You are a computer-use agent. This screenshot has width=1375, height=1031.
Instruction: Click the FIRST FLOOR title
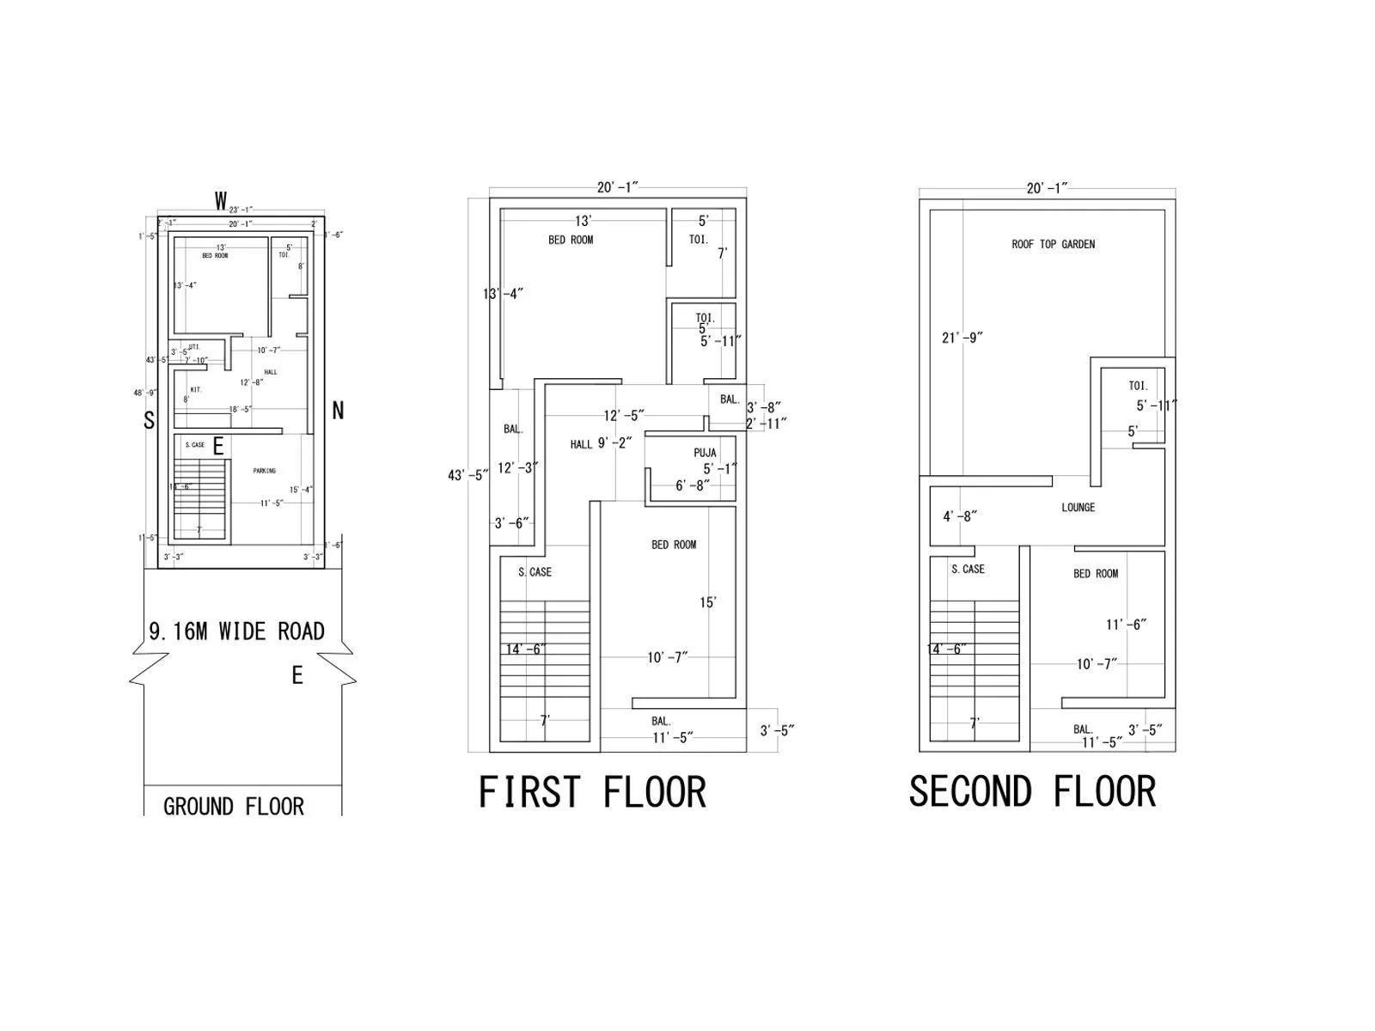(592, 791)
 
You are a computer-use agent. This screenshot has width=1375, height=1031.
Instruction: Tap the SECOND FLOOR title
(1032, 791)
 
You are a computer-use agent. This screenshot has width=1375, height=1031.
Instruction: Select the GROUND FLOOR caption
(234, 807)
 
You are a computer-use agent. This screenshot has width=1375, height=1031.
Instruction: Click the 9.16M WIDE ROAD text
(237, 631)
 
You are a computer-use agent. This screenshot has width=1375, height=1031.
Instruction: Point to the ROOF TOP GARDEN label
(1053, 244)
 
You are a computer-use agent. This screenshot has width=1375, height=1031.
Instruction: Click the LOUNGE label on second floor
(1078, 507)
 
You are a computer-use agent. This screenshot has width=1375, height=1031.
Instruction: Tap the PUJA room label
(705, 453)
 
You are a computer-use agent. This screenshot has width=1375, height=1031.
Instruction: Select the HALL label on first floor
(581, 444)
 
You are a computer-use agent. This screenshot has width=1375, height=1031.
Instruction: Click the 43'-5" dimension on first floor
(467, 475)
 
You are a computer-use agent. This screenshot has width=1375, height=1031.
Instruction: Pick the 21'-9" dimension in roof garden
(962, 338)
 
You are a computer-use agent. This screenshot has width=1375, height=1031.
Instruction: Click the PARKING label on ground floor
(265, 471)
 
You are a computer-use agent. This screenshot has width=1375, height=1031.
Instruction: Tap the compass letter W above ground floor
(221, 202)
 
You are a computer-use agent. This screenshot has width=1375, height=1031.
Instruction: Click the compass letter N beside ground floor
(338, 411)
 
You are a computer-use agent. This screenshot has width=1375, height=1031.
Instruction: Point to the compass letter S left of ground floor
(149, 420)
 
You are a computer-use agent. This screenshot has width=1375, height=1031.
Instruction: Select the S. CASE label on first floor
(535, 571)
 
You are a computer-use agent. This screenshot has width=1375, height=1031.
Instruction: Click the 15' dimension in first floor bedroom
(707, 602)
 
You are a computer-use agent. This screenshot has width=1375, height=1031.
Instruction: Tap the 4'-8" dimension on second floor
(959, 516)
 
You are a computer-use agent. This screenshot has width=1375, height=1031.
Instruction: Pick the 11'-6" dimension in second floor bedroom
(1126, 625)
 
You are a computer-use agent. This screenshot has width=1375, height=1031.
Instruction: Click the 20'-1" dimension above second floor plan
(1047, 188)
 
